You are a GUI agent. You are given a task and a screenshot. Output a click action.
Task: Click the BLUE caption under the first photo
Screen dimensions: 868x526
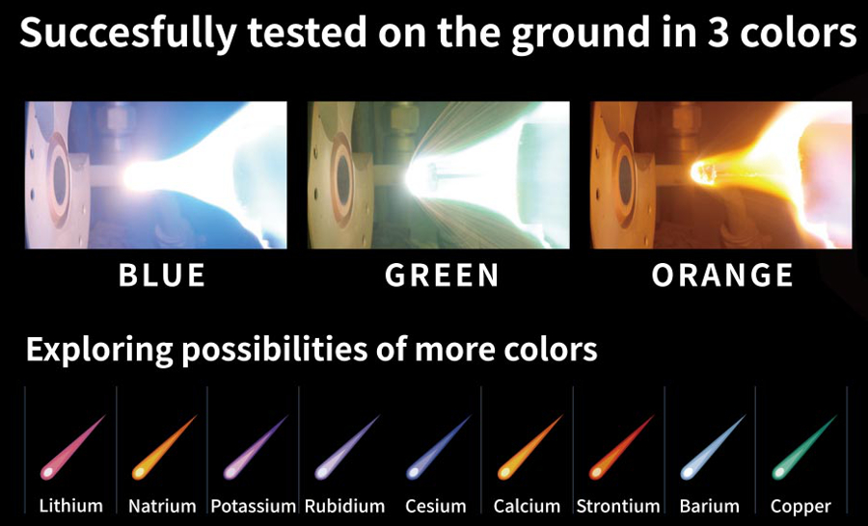pos(162,275)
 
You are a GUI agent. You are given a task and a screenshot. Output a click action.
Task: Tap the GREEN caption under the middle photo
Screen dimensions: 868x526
pos(442,275)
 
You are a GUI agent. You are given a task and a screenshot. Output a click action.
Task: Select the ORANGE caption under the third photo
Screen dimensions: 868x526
pos(722,275)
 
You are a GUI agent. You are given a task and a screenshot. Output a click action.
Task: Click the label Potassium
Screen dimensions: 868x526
pos(253,506)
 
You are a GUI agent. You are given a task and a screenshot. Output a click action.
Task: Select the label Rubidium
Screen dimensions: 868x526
pos(344,506)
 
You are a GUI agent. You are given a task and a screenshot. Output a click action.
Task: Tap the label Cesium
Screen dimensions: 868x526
pos(436,506)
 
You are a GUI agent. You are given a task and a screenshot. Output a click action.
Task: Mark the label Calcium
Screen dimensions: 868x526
pos(527,506)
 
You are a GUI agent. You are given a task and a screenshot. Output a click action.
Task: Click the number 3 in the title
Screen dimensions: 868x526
pos(718,33)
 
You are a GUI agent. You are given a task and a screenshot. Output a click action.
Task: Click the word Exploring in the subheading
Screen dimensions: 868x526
pos(99,350)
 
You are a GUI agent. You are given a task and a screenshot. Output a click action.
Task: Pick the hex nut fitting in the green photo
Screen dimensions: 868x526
pos(399,118)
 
